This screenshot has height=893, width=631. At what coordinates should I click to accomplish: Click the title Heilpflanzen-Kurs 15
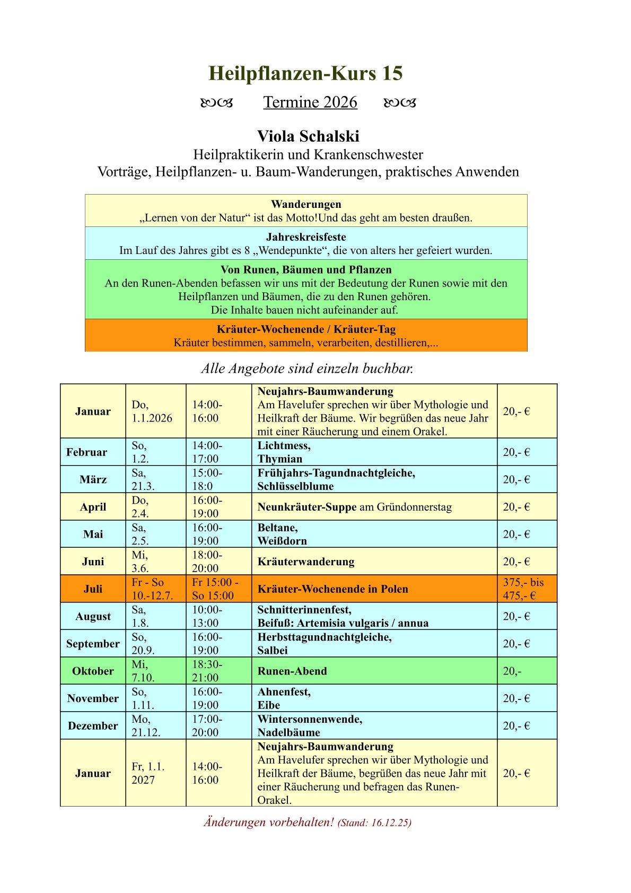coord(305,73)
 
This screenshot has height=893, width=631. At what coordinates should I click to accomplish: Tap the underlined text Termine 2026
coord(310,102)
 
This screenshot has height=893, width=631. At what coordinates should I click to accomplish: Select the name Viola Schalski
coord(308,136)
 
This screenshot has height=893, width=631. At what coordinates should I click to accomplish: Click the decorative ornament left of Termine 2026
coord(217,102)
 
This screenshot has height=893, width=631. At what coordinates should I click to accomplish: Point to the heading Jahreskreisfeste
coord(306,237)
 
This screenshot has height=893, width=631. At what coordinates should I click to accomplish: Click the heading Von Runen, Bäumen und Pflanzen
coord(306,269)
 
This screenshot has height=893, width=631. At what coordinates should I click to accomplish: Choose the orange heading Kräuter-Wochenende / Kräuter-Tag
coord(306,329)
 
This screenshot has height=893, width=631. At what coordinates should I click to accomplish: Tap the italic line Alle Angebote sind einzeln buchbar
coord(307,369)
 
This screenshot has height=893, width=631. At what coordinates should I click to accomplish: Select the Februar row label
coord(86,452)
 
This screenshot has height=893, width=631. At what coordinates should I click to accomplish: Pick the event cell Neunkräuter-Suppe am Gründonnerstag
coord(354,507)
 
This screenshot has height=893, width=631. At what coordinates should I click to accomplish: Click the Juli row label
coord(93,589)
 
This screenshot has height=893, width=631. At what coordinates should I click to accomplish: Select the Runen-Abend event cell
coord(292,671)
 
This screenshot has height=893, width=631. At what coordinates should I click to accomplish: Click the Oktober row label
coord(93,671)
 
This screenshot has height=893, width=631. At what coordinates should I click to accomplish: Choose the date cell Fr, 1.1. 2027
coord(148,773)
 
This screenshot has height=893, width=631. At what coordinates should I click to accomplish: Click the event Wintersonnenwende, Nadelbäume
coord(310,725)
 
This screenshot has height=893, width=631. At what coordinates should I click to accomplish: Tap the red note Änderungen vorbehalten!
coord(269,822)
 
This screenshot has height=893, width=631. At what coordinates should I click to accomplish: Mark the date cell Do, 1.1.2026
coord(152,412)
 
